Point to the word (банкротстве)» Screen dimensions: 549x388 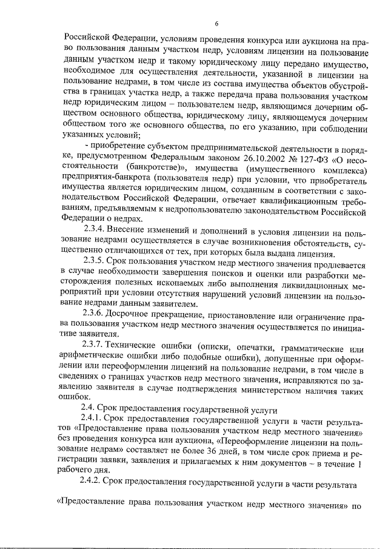point(156,171)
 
